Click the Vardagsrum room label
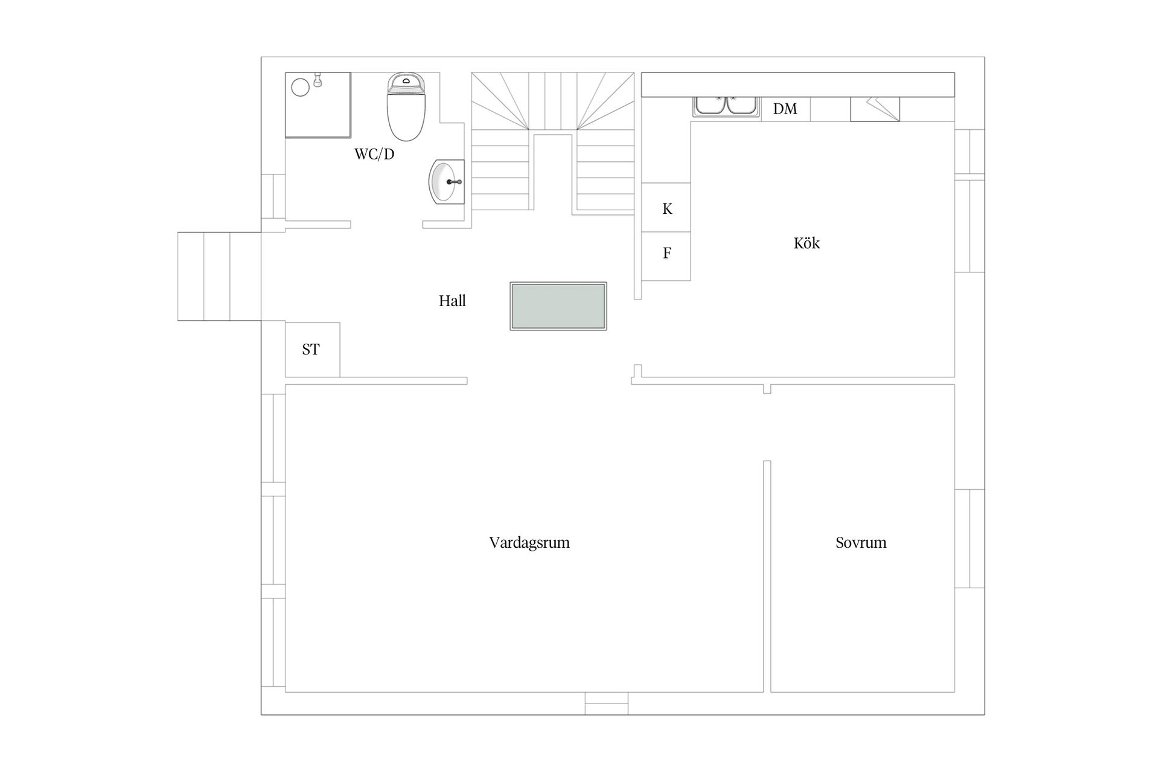point(529,542)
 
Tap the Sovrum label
point(861,542)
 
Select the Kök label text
point(806,243)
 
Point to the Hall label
point(452,301)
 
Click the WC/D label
point(374,154)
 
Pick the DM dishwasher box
point(785,109)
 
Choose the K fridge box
point(666,208)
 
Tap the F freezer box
point(666,257)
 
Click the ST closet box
point(312,350)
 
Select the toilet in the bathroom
point(406,107)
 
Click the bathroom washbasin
point(447,182)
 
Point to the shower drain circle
point(301,88)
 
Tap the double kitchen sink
point(726,106)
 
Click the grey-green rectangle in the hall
point(558,306)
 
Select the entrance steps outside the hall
point(219,276)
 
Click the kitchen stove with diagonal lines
point(875,109)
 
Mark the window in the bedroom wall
point(969,538)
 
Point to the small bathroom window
point(273,196)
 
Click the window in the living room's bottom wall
point(607,704)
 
